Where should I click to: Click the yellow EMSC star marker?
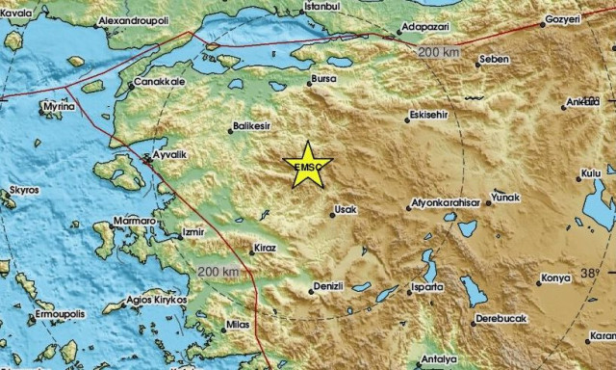pos(307,165)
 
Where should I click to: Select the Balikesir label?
pos(253,127)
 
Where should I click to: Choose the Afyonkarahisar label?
pos(444,204)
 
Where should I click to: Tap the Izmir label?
pos(194,233)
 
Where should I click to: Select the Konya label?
pos(555,279)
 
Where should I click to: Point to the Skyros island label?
pos(24,191)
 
